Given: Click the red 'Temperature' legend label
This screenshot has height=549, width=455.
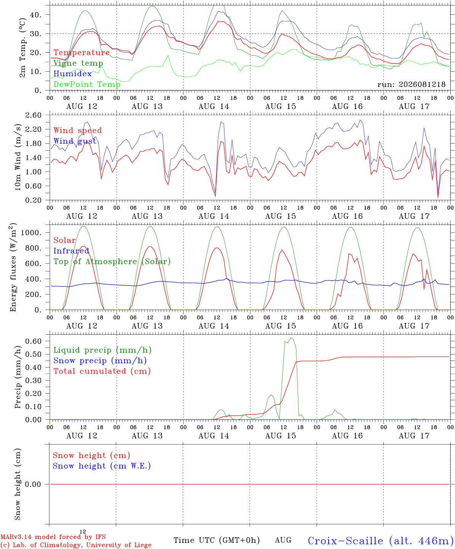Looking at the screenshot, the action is [x=82, y=53].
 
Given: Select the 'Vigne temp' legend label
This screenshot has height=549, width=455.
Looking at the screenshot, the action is [x=78, y=63].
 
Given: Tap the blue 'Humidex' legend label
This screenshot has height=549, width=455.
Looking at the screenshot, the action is [x=72, y=74].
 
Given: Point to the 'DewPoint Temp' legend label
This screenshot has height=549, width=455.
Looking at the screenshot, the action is [x=87, y=84].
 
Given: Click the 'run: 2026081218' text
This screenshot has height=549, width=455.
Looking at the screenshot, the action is [x=411, y=84].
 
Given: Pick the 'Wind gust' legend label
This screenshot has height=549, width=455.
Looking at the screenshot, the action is [x=75, y=141].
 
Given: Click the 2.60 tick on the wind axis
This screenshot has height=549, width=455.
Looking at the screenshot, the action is [x=34, y=115].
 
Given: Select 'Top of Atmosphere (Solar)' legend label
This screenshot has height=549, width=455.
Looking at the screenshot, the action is [x=112, y=262].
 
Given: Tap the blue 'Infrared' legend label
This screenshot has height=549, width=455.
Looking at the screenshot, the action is [x=71, y=251].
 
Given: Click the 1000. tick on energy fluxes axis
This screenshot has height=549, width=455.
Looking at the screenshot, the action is [x=31, y=233].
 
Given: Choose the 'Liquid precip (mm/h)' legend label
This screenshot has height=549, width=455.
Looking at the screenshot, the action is [x=103, y=350].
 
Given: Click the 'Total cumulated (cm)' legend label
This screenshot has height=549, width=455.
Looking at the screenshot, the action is [x=102, y=371].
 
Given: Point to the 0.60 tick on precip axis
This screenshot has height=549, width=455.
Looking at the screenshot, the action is [x=34, y=341].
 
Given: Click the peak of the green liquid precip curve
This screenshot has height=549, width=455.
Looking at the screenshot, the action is [x=290, y=338].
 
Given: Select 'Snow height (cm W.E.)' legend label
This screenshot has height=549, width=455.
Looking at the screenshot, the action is [x=102, y=466].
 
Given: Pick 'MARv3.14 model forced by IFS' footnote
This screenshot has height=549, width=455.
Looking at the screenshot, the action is [x=53, y=537].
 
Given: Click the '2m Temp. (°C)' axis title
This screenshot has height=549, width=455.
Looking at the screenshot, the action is [x=22, y=48].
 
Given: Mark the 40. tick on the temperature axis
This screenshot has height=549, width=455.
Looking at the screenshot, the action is [x=36, y=15].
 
